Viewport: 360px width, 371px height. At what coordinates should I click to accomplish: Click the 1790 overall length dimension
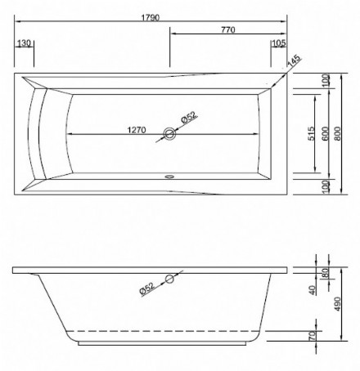(151, 18)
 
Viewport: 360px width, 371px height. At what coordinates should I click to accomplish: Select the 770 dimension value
(228, 29)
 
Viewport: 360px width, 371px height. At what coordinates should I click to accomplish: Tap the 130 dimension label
(24, 43)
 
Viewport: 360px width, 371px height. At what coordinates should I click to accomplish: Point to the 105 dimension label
(279, 43)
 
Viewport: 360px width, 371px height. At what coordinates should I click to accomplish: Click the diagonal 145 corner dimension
(294, 61)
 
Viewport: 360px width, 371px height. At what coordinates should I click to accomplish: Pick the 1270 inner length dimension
(137, 130)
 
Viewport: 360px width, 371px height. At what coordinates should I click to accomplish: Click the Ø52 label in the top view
(189, 117)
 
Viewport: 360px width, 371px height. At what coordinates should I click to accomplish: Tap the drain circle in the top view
(169, 134)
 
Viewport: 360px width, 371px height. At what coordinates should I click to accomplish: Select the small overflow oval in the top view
(169, 177)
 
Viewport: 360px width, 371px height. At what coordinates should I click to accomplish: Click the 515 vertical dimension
(312, 133)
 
